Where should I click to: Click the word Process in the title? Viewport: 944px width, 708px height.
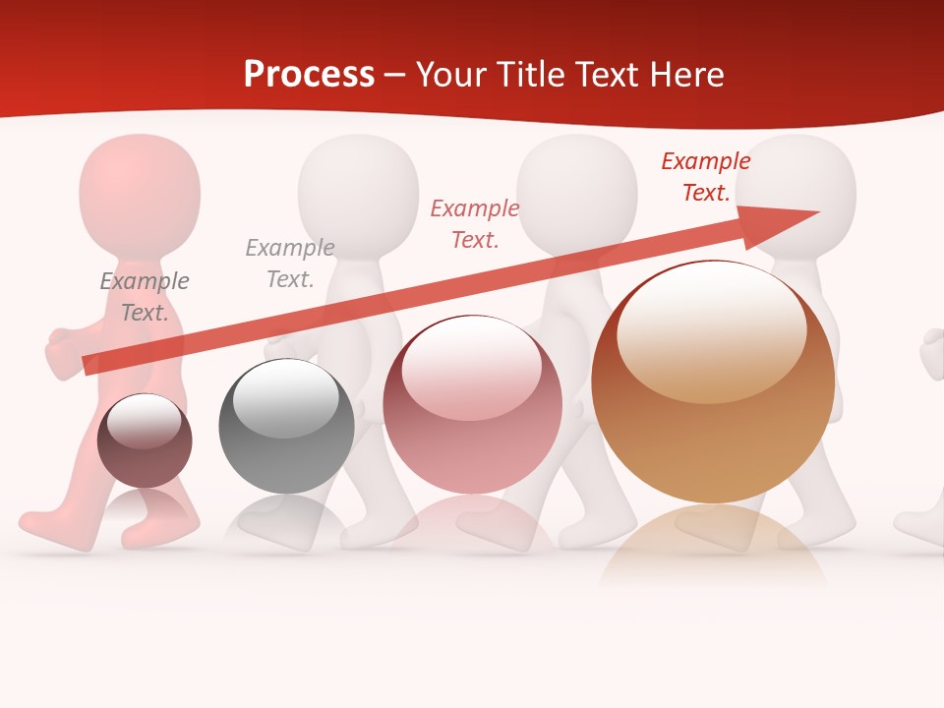point(309,75)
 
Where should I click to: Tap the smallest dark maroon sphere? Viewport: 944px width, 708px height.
point(145,442)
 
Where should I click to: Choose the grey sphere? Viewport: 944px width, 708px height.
point(286,427)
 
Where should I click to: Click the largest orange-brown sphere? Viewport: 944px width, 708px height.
point(713,383)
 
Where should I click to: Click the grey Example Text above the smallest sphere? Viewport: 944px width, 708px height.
point(145,297)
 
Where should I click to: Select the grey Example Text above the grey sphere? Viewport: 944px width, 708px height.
point(290,264)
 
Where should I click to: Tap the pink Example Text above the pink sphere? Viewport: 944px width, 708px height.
point(475,224)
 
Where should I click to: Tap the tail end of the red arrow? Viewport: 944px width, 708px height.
point(90,364)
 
